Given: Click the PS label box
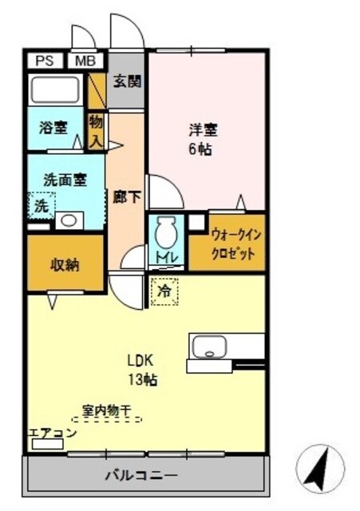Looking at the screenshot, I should tap(45, 60).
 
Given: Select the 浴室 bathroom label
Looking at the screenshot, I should tap(53, 128).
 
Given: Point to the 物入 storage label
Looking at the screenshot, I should tap(96, 129).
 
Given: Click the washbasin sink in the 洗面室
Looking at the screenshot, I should tap(70, 220).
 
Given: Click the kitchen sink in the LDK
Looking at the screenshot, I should tap(210, 347).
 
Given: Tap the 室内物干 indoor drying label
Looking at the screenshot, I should tap(109, 412).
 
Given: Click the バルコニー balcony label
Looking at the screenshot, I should tap(140, 477).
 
